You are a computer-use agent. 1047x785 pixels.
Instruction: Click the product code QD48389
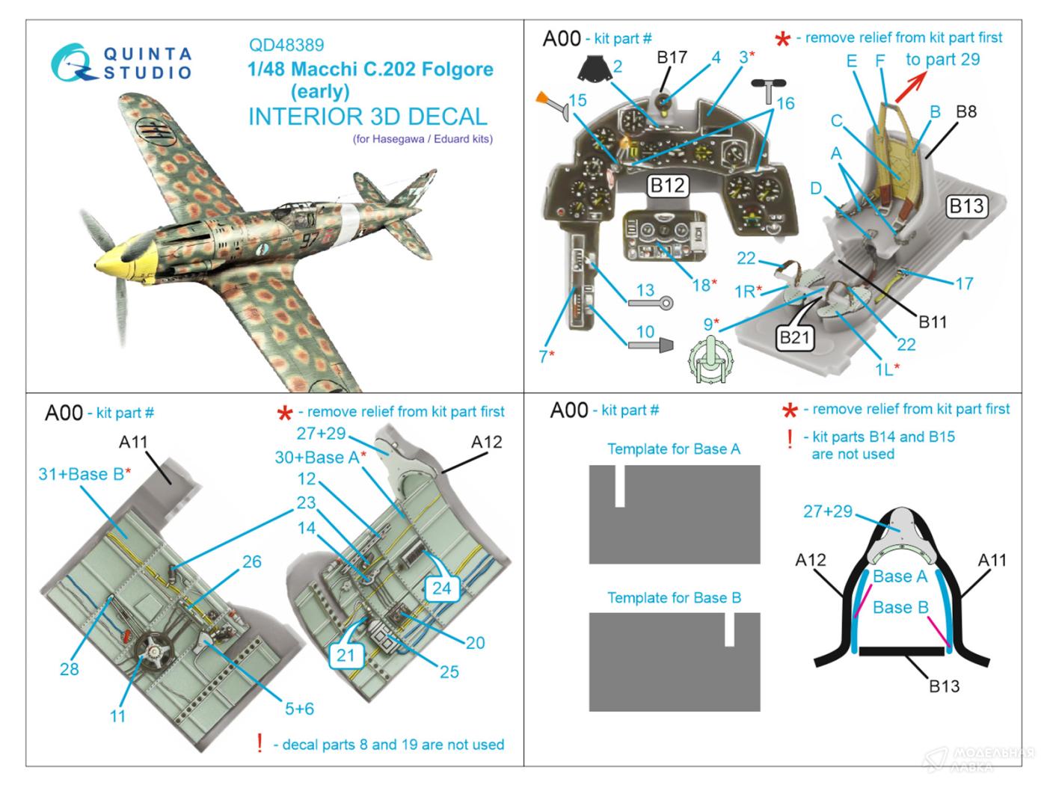point(286,46)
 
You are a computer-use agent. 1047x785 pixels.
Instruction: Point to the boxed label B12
point(667,185)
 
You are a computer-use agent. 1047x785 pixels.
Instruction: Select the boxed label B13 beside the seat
point(966,206)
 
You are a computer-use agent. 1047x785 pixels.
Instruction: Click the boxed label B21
point(794,338)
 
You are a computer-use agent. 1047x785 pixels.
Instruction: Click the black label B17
point(672,58)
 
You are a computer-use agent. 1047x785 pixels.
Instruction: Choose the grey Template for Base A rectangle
point(675,514)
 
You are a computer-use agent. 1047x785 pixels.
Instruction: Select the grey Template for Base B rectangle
point(675,662)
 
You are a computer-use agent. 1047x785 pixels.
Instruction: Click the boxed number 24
point(442,588)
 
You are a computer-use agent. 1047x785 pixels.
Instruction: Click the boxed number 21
point(346,655)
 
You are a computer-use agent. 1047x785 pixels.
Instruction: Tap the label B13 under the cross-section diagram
point(944,686)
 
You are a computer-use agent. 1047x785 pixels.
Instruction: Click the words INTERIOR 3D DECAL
point(368,117)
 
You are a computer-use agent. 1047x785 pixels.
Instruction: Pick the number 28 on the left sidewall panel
point(69,668)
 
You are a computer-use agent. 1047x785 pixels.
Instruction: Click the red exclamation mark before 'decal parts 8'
point(260,743)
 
